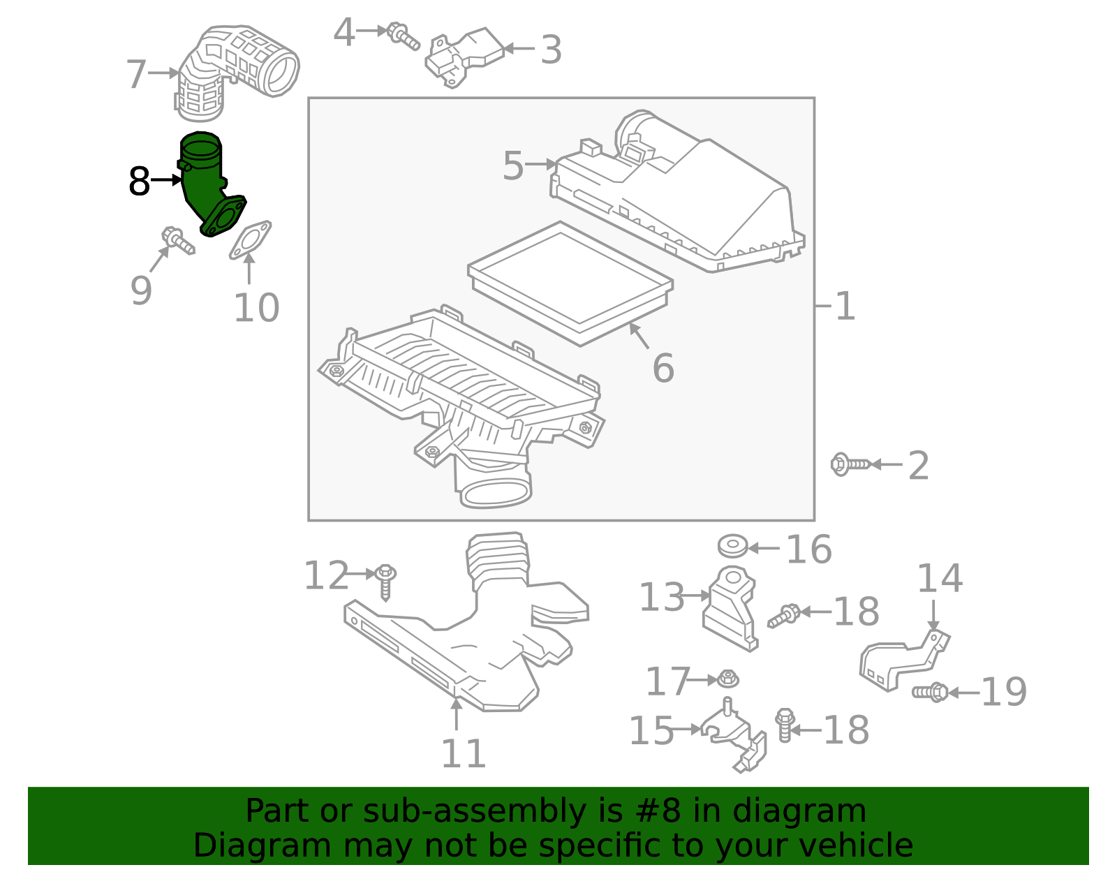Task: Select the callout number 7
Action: point(137,74)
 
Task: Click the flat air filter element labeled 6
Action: point(570,283)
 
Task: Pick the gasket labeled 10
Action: point(251,240)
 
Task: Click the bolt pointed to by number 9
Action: point(178,241)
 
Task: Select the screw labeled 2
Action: point(850,464)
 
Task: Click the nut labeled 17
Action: point(728,679)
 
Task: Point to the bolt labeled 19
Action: point(930,692)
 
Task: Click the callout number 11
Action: point(463,754)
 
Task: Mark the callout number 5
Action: point(512,165)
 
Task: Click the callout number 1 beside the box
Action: point(845,306)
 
